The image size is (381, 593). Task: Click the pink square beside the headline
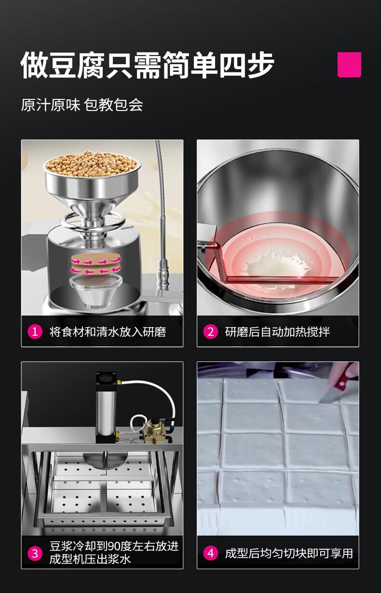point(349,65)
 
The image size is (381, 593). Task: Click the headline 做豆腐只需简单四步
point(147,65)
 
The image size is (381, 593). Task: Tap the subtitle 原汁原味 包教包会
point(82,105)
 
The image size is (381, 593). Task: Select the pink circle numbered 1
point(35,331)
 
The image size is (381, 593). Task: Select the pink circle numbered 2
point(211,331)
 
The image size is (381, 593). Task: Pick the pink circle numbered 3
point(35,553)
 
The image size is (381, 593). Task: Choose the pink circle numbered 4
point(211,553)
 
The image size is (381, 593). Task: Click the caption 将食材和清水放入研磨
point(108,331)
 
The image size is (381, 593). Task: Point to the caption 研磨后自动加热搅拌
point(277,331)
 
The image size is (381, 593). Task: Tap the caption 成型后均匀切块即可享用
point(289,553)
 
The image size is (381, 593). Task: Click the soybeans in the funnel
point(92,164)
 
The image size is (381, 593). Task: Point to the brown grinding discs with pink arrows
point(96,263)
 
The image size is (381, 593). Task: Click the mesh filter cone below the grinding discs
point(96,290)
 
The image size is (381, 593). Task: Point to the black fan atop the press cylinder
point(106,377)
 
